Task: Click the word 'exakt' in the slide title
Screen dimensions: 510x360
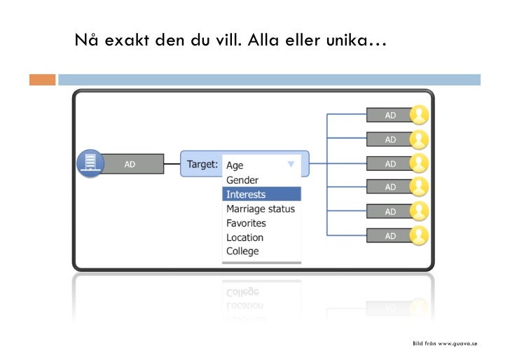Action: (128, 40)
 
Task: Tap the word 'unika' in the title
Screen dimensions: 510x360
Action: (355, 40)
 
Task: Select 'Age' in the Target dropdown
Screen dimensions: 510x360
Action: (235, 165)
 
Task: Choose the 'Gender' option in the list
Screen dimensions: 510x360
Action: (242, 180)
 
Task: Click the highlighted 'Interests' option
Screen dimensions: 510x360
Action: (246, 194)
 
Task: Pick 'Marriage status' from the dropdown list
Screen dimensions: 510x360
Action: (260, 209)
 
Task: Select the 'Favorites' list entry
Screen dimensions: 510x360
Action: (246, 223)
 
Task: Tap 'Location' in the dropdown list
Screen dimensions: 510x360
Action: (244, 237)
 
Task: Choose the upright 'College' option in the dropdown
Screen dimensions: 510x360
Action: (242, 251)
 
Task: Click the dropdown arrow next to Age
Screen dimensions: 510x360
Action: (291, 165)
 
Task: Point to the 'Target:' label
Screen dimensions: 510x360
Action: (202, 165)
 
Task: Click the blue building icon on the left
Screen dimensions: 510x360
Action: (90, 164)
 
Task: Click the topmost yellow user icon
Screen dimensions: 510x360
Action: (419, 115)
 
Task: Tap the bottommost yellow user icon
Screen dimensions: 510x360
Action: (419, 235)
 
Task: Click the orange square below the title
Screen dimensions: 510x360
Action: (41, 80)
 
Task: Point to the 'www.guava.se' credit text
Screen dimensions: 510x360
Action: (457, 344)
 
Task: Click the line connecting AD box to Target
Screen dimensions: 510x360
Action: (172, 165)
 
